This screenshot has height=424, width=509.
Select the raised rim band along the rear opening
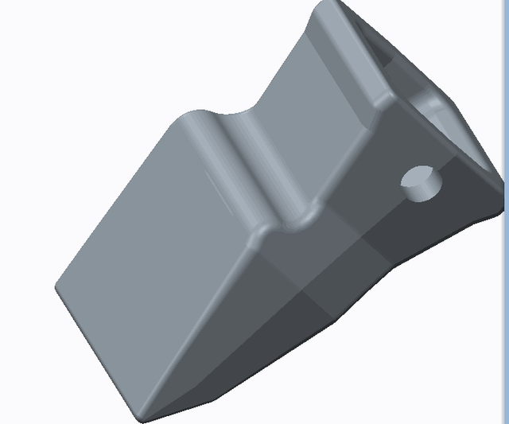tap(374, 88)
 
